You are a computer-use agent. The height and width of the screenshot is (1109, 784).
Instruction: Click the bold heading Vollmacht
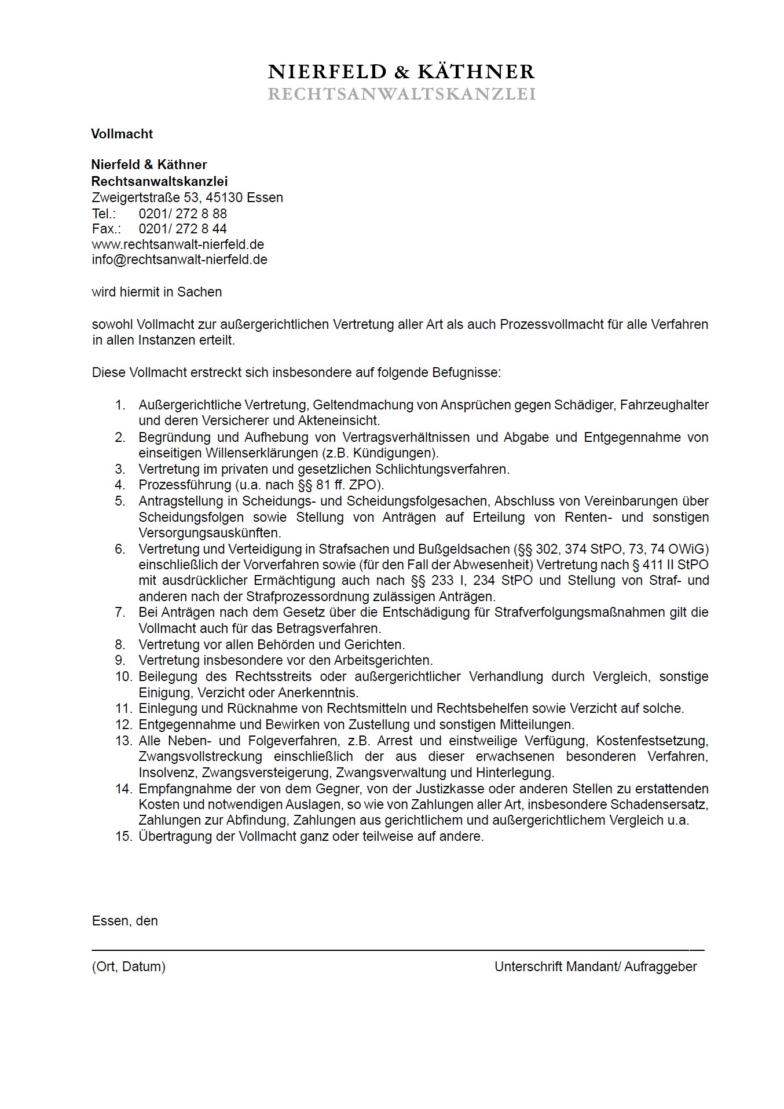click(x=122, y=134)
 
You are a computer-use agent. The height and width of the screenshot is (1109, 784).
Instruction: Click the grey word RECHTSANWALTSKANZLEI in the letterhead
click(x=401, y=94)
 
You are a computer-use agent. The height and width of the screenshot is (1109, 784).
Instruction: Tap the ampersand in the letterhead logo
click(x=401, y=72)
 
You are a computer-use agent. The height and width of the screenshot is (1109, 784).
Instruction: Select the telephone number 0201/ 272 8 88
click(x=182, y=214)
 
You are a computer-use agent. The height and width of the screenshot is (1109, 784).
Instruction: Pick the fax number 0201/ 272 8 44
click(x=182, y=229)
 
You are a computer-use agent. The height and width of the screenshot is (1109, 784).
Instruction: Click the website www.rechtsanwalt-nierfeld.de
click(x=178, y=244)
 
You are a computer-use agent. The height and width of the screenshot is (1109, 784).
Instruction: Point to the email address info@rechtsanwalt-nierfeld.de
click(x=179, y=259)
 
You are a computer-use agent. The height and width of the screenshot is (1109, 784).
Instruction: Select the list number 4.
click(x=120, y=485)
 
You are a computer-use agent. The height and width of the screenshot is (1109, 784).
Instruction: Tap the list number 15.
click(x=123, y=836)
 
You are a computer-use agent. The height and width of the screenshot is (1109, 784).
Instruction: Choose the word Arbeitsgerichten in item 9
click(x=383, y=660)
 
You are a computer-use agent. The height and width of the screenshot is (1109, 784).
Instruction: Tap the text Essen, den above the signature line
click(x=124, y=921)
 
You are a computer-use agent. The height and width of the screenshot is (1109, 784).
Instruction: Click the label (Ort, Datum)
click(x=129, y=966)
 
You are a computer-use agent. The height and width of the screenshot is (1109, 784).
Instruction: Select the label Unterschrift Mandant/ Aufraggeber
click(x=595, y=966)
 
